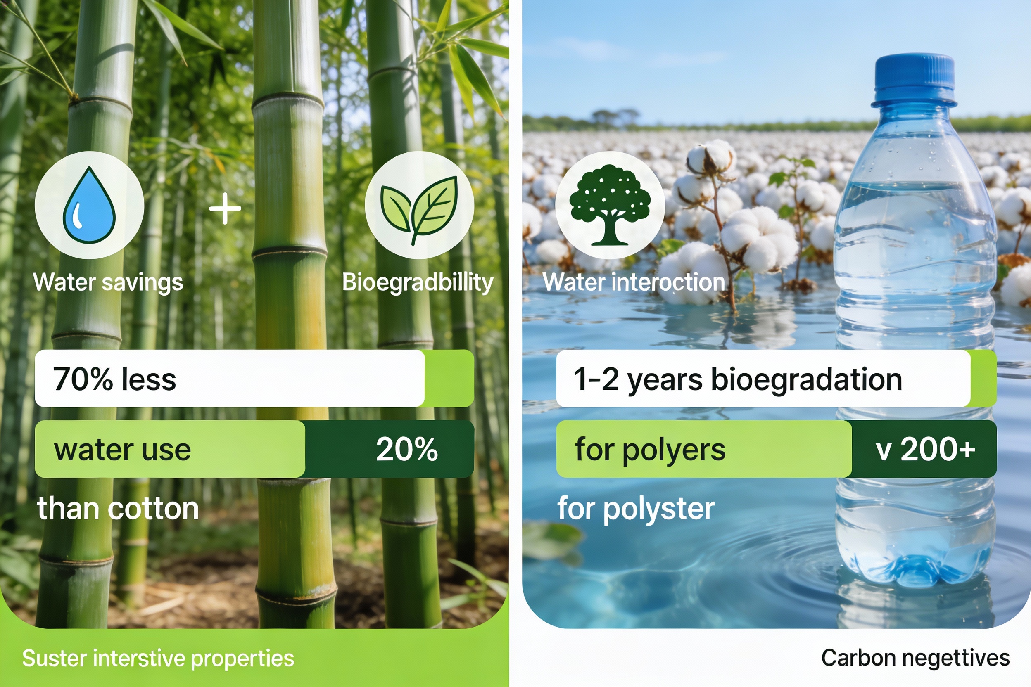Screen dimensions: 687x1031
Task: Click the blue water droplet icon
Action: (x=89, y=205)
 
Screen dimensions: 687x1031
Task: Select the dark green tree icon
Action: (x=610, y=205)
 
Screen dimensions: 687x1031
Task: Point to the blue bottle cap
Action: (x=914, y=81)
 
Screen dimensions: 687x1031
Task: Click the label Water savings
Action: (x=108, y=282)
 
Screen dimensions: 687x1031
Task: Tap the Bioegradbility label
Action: (x=417, y=282)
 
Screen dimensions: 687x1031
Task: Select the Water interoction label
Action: (x=633, y=282)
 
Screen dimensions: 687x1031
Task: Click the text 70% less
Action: (x=114, y=379)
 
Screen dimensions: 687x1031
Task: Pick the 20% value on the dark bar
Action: (x=407, y=449)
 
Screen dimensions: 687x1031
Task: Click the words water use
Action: (x=122, y=450)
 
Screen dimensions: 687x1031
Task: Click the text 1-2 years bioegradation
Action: (x=738, y=379)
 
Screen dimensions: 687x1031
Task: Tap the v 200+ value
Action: (x=925, y=449)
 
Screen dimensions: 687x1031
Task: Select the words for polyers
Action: (x=650, y=450)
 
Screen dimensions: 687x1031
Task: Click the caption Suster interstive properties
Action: (x=158, y=658)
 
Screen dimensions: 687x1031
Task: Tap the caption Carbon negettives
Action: (x=915, y=658)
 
